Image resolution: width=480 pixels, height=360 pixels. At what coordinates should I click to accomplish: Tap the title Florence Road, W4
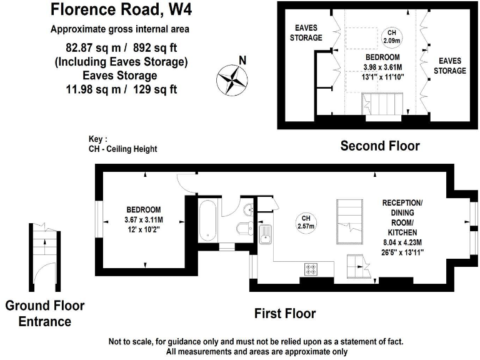click(x=121, y=10)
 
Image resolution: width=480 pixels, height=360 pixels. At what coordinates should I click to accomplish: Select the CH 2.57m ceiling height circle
click(x=306, y=221)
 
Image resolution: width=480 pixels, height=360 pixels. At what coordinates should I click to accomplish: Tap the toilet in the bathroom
click(x=244, y=228)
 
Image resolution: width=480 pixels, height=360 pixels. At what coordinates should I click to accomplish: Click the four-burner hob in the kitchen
click(x=311, y=269)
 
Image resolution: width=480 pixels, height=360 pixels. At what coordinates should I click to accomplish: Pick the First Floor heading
click(x=284, y=313)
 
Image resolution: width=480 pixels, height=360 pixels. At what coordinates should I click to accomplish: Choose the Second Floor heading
click(x=379, y=146)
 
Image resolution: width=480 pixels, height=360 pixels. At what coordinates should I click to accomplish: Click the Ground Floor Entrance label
click(x=44, y=314)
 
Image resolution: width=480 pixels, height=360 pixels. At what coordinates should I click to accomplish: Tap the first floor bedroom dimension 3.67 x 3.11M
click(x=144, y=219)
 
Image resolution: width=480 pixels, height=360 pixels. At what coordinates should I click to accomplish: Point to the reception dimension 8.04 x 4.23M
click(x=402, y=243)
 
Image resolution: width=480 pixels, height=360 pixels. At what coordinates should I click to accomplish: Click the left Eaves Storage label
click(x=305, y=32)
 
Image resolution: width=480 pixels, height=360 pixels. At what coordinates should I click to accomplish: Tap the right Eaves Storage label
click(x=450, y=66)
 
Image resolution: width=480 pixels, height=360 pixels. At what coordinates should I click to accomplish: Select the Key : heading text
click(x=98, y=139)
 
